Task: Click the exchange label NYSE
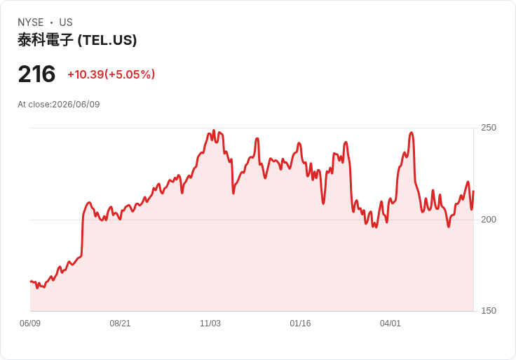click(x=31, y=22)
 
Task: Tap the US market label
click(x=66, y=22)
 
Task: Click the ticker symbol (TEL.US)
click(x=107, y=40)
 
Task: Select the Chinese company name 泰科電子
click(x=45, y=40)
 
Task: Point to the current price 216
click(x=36, y=74)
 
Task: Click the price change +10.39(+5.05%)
click(x=111, y=74)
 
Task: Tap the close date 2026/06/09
click(x=76, y=105)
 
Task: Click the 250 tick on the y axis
click(x=489, y=128)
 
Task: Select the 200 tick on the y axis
click(x=489, y=220)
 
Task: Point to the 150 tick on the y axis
click(x=489, y=311)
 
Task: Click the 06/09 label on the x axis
click(x=30, y=323)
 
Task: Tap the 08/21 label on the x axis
click(x=120, y=323)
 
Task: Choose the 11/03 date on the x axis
click(x=210, y=323)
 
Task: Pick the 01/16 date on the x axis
click(x=300, y=323)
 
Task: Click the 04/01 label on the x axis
click(x=391, y=323)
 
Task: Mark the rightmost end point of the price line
click(x=473, y=191)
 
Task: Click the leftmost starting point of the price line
click(x=30, y=281)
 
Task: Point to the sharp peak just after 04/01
click(x=412, y=133)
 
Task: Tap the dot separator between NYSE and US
click(x=51, y=22)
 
